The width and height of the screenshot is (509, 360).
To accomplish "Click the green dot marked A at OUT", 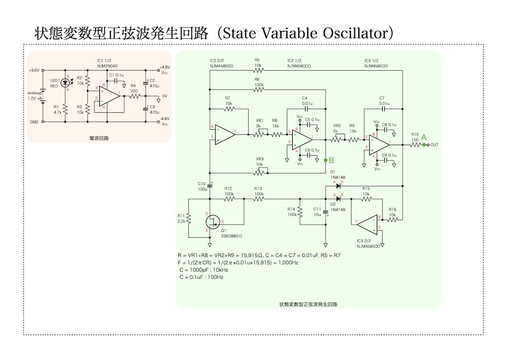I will coord(424,145).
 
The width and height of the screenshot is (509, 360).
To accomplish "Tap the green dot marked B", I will coord(325,160).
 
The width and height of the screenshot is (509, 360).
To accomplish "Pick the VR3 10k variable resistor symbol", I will coord(259,173).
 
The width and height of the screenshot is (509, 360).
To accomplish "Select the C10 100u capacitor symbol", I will coord(209,186).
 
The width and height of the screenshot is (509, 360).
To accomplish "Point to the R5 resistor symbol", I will coord(257,70).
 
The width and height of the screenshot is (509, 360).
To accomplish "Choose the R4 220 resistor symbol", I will coord(133,97).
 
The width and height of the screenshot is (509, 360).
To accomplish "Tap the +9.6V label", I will coord(34,71).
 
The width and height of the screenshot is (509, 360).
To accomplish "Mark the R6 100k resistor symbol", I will coord(257,90).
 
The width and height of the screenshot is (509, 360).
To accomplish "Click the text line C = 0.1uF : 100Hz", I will coord(201,276).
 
